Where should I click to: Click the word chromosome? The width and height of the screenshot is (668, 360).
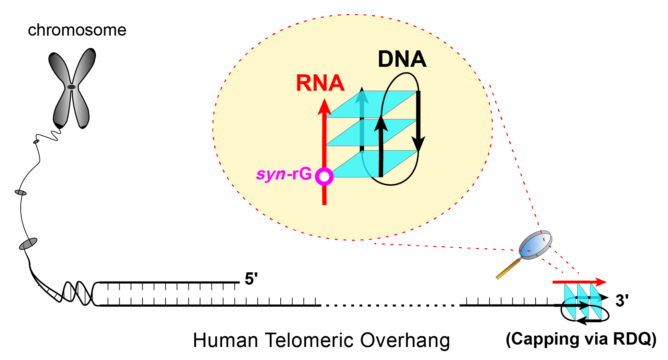[77, 30]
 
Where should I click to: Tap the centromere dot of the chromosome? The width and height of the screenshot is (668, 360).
[71, 87]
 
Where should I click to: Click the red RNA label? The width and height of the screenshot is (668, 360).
[320, 83]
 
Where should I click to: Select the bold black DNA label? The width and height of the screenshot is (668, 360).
[402, 59]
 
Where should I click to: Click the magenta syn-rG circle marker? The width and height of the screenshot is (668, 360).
[324, 177]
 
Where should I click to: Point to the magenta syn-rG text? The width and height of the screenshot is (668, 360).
[284, 174]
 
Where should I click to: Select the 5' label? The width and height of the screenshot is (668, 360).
[251, 279]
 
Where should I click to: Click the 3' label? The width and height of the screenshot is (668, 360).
[622, 300]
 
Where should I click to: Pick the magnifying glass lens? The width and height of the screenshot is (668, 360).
[535, 245]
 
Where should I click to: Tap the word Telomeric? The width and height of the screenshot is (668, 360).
[309, 340]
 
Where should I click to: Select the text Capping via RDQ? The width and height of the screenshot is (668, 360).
[581, 339]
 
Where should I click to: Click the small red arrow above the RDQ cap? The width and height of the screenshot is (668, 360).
[580, 282]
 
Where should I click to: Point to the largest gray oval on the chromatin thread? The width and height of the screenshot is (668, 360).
[28, 244]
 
